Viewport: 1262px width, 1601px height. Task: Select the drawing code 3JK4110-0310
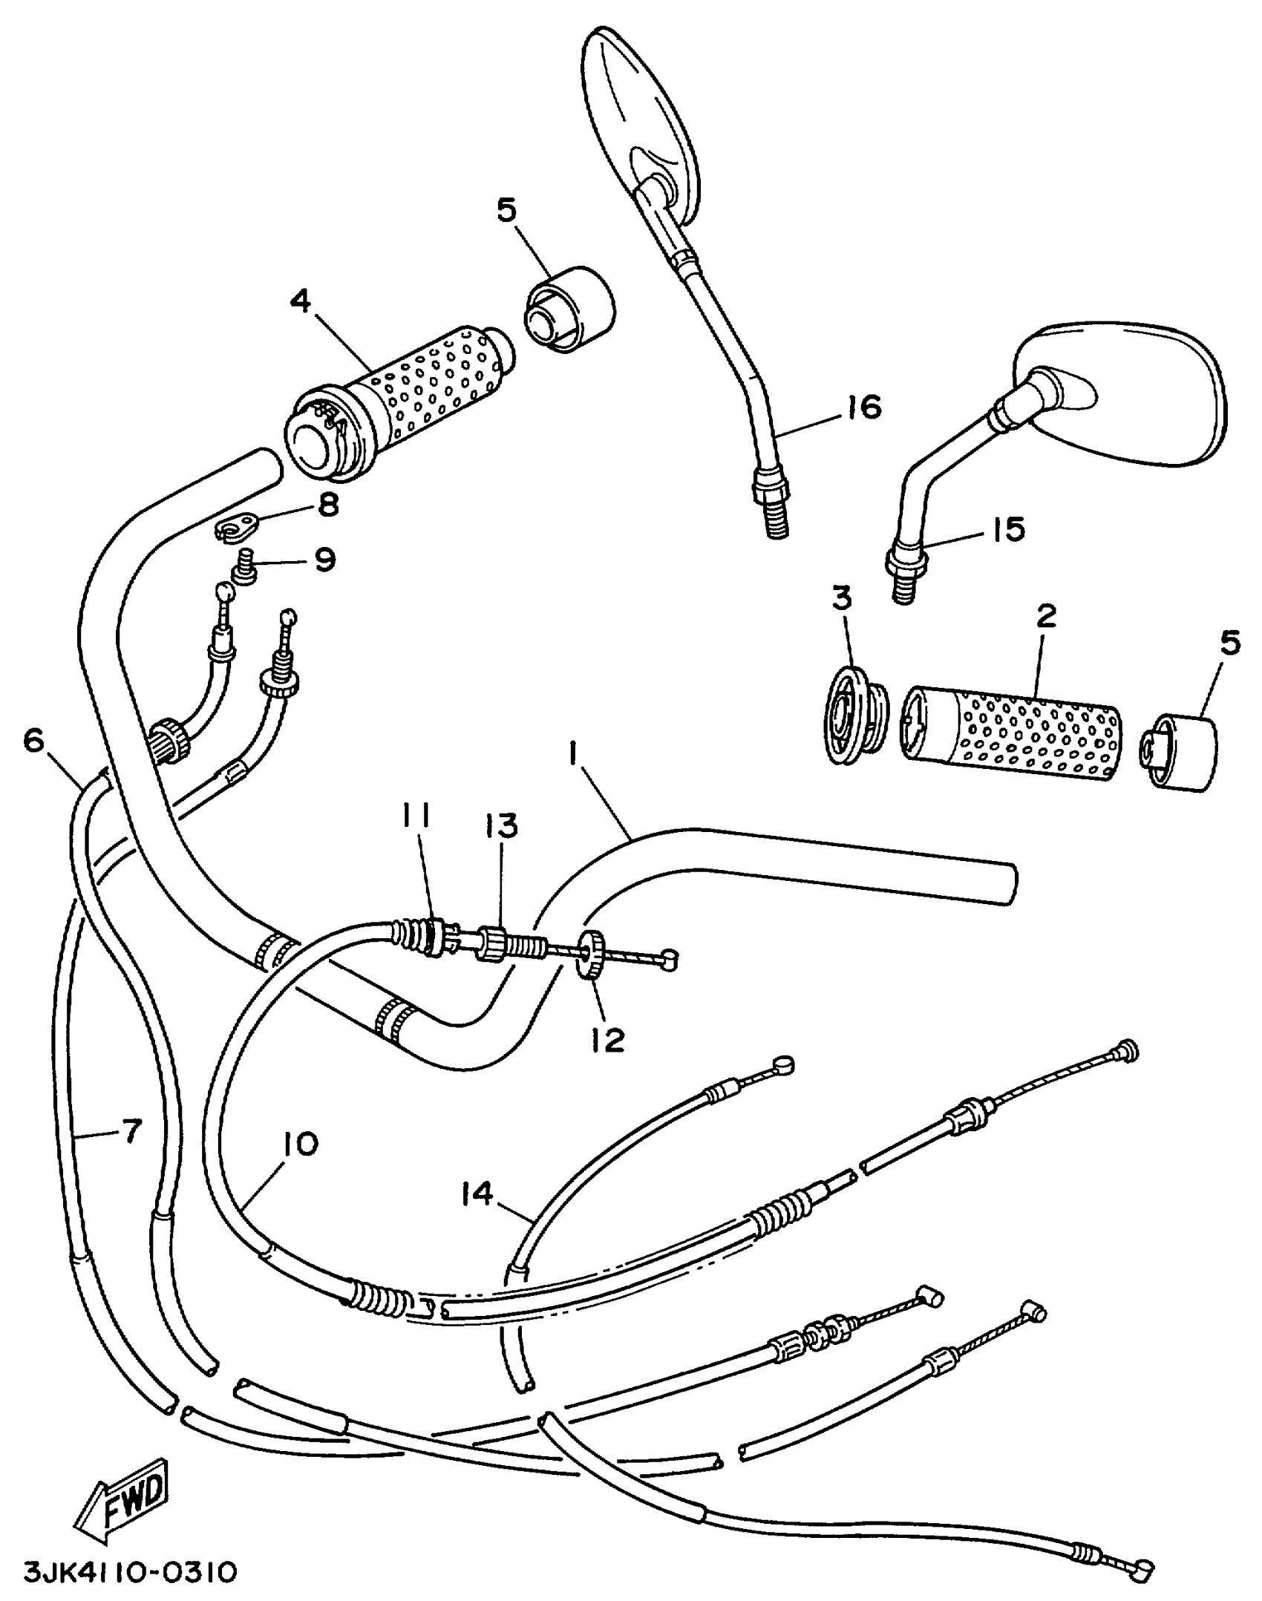pyautogui.click(x=130, y=1571)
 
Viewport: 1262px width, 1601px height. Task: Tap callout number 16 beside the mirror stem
pyautogui.click(x=863, y=407)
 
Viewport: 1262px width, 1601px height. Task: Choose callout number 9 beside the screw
pyautogui.click(x=324, y=560)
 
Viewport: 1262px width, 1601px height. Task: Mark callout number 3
pyautogui.click(x=841, y=598)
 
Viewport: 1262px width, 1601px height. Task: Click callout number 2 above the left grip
pyautogui.click(x=1045, y=616)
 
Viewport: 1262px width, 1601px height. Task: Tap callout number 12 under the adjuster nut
pyautogui.click(x=608, y=1040)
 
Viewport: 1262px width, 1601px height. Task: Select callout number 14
pyautogui.click(x=476, y=1194)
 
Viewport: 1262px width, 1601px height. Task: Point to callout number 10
pyautogui.click(x=299, y=1144)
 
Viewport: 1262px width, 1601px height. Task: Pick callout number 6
pyautogui.click(x=34, y=741)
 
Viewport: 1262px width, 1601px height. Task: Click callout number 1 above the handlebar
pyautogui.click(x=572, y=756)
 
